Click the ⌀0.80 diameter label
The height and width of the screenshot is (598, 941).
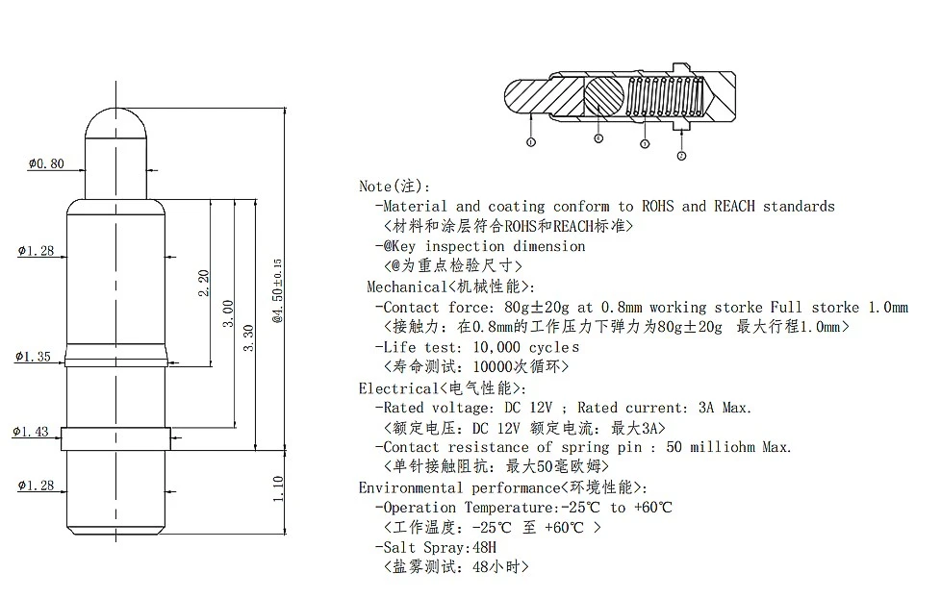(46, 163)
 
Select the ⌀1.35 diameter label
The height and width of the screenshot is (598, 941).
(33, 357)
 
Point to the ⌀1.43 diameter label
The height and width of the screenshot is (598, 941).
(31, 432)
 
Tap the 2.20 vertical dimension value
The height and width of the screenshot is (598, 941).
(203, 283)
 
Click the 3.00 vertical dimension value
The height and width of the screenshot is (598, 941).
(227, 313)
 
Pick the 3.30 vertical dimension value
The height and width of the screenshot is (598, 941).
(248, 338)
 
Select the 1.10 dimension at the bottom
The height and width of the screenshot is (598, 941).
(278, 488)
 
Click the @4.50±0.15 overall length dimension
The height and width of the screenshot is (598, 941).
(277, 291)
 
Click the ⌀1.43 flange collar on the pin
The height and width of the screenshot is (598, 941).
(115, 438)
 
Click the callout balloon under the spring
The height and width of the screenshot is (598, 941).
(645, 144)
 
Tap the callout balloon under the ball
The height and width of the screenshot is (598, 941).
(598, 138)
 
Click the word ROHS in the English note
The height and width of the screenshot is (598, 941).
(658, 207)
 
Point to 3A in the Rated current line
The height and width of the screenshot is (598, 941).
(706, 408)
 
